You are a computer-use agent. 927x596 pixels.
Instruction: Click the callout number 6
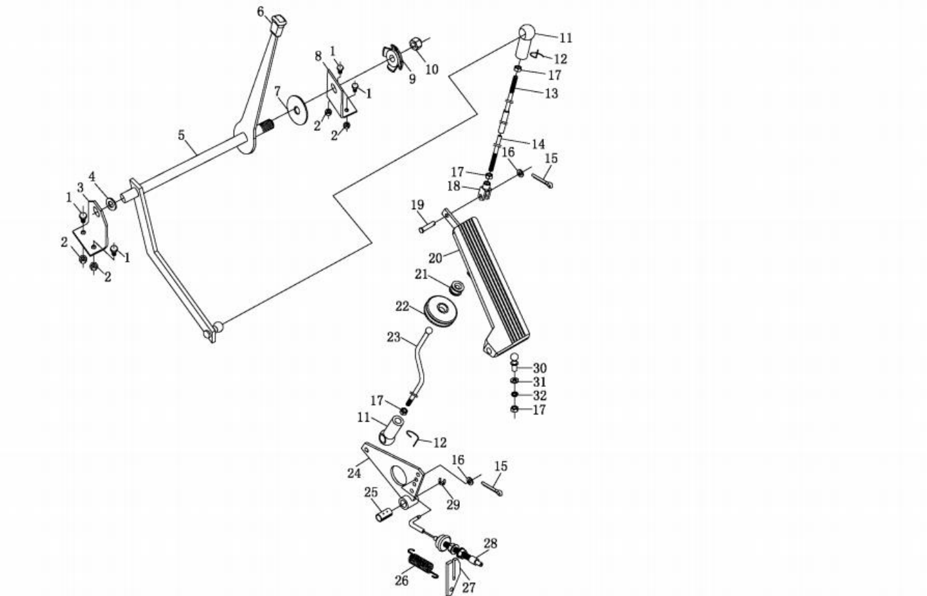point(261,11)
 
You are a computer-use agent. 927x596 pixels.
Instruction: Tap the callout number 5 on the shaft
point(182,135)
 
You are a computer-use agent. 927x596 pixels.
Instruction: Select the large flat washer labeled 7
point(297,107)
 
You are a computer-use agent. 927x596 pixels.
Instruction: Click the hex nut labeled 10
point(416,44)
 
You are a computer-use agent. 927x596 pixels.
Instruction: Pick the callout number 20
point(436,259)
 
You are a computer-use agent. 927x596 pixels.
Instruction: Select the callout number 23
point(393,337)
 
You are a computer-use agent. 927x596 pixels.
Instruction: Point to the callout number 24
point(354,472)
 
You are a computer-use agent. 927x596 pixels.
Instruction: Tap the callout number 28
point(490,543)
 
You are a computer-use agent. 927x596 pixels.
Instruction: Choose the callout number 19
point(418,205)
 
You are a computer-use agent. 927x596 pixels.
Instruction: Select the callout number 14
point(538,143)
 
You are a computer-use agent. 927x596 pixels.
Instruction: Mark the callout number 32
point(539,396)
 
